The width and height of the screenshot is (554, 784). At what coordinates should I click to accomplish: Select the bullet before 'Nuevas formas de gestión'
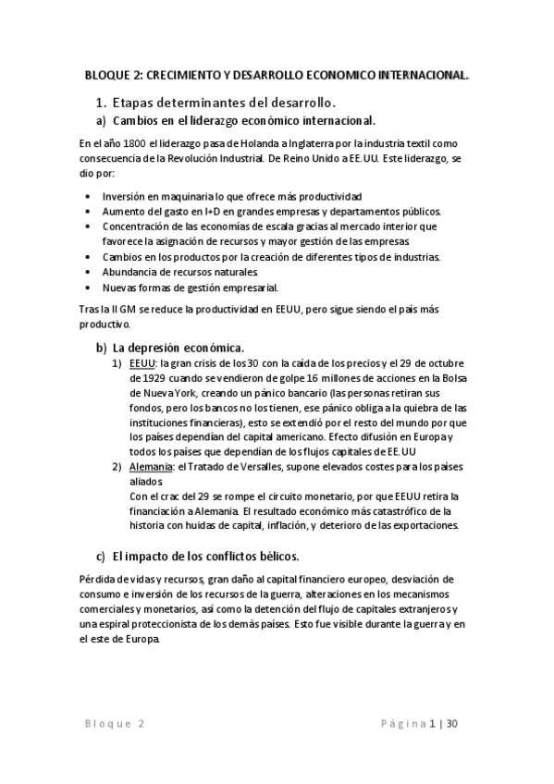click(x=87, y=287)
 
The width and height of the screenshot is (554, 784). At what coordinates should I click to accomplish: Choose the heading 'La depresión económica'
click(x=179, y=347)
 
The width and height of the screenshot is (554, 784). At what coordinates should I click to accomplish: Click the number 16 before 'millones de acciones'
click(x=286, y=377)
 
